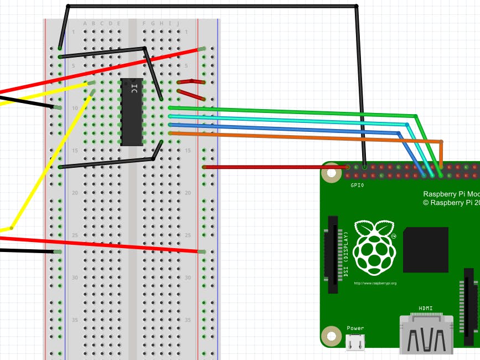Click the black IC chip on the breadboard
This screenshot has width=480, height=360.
[x=132, y=112]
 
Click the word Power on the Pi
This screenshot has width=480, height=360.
[x=355, y=328]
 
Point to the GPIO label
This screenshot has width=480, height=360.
[x=358, y=185]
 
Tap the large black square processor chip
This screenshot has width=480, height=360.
[x=426, y=249]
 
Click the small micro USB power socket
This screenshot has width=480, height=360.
[x=355, y=343]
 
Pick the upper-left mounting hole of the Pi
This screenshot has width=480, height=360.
[x=332, y=173]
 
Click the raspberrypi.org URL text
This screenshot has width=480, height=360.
[x=375, y=283]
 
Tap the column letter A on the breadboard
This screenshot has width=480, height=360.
[x=85, y=23]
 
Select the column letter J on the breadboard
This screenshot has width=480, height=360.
[x=178, y=23]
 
